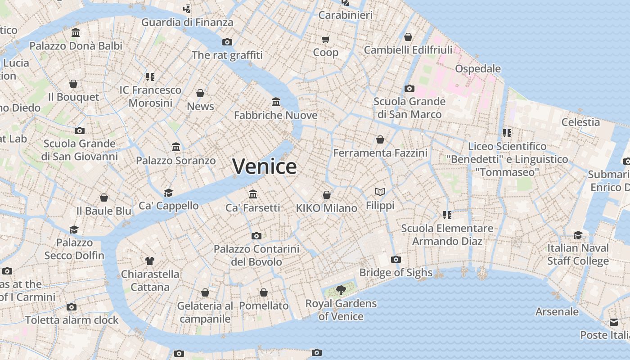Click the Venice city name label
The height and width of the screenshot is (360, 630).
coord(265,166)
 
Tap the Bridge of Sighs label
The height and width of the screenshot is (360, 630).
coord(396,273)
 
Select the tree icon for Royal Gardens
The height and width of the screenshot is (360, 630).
coord(341,290)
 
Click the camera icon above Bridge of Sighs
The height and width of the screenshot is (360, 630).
coord(396,259)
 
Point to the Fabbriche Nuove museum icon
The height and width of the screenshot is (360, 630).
coord(276,102)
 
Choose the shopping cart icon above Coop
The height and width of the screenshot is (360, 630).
coord(326,40)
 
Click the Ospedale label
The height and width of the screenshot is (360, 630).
coord(478,69)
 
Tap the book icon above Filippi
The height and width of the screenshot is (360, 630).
coord(380,192)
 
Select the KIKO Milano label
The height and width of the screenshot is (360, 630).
coord(327,208)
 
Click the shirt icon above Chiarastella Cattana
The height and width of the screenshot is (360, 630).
coord(150,261)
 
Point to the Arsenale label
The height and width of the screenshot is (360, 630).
coord(557,311)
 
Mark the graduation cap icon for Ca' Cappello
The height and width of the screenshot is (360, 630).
coord(168,193)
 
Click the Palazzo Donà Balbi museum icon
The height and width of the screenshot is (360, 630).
coord(76,33)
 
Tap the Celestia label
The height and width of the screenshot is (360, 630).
coord(580,122)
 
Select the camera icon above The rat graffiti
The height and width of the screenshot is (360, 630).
coord(227,42)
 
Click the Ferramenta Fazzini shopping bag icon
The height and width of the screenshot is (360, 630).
coord(380,139)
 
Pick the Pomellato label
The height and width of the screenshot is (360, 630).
coord(264,306)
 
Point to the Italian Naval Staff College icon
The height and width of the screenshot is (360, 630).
coord(578,235)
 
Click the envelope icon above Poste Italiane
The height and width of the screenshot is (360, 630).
coord(614,322)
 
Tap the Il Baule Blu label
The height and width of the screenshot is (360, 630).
coord(104,211)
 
